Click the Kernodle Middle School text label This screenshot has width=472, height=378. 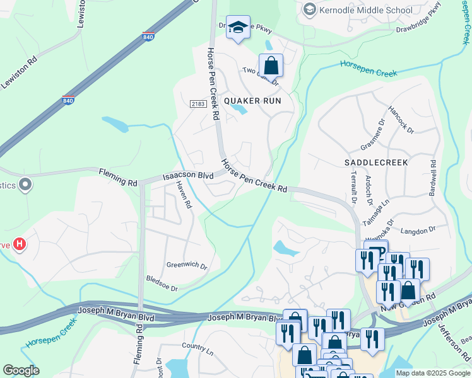(366, 10)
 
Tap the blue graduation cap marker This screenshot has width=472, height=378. (238, 28)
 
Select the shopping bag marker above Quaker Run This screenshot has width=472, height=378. (271, 65)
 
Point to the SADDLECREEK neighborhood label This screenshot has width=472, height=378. (376, 162)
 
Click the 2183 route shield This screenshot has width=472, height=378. (197, 104)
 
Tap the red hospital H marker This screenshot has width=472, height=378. (20, 244)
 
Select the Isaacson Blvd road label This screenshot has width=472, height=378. (188, 176)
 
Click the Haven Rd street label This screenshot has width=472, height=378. (184, 196)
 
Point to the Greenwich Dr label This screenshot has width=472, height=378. (187, 266)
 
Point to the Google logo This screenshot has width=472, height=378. (20, 370)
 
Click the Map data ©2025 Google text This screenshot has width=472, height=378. (432, 373)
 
